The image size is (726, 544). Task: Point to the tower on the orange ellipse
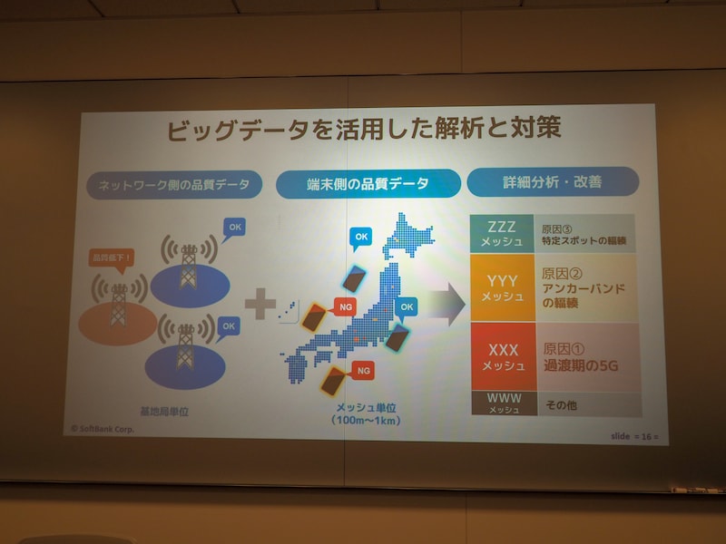coord(119,303)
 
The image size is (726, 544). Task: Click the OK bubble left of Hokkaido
coord(361,237)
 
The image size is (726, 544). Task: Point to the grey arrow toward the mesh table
coord(444,306)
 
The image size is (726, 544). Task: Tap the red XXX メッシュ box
coord(503,356)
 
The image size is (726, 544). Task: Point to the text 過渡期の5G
coord(581,366)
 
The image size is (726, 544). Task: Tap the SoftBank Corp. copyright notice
coord(102,429)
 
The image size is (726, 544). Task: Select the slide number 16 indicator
coord(633,436)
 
